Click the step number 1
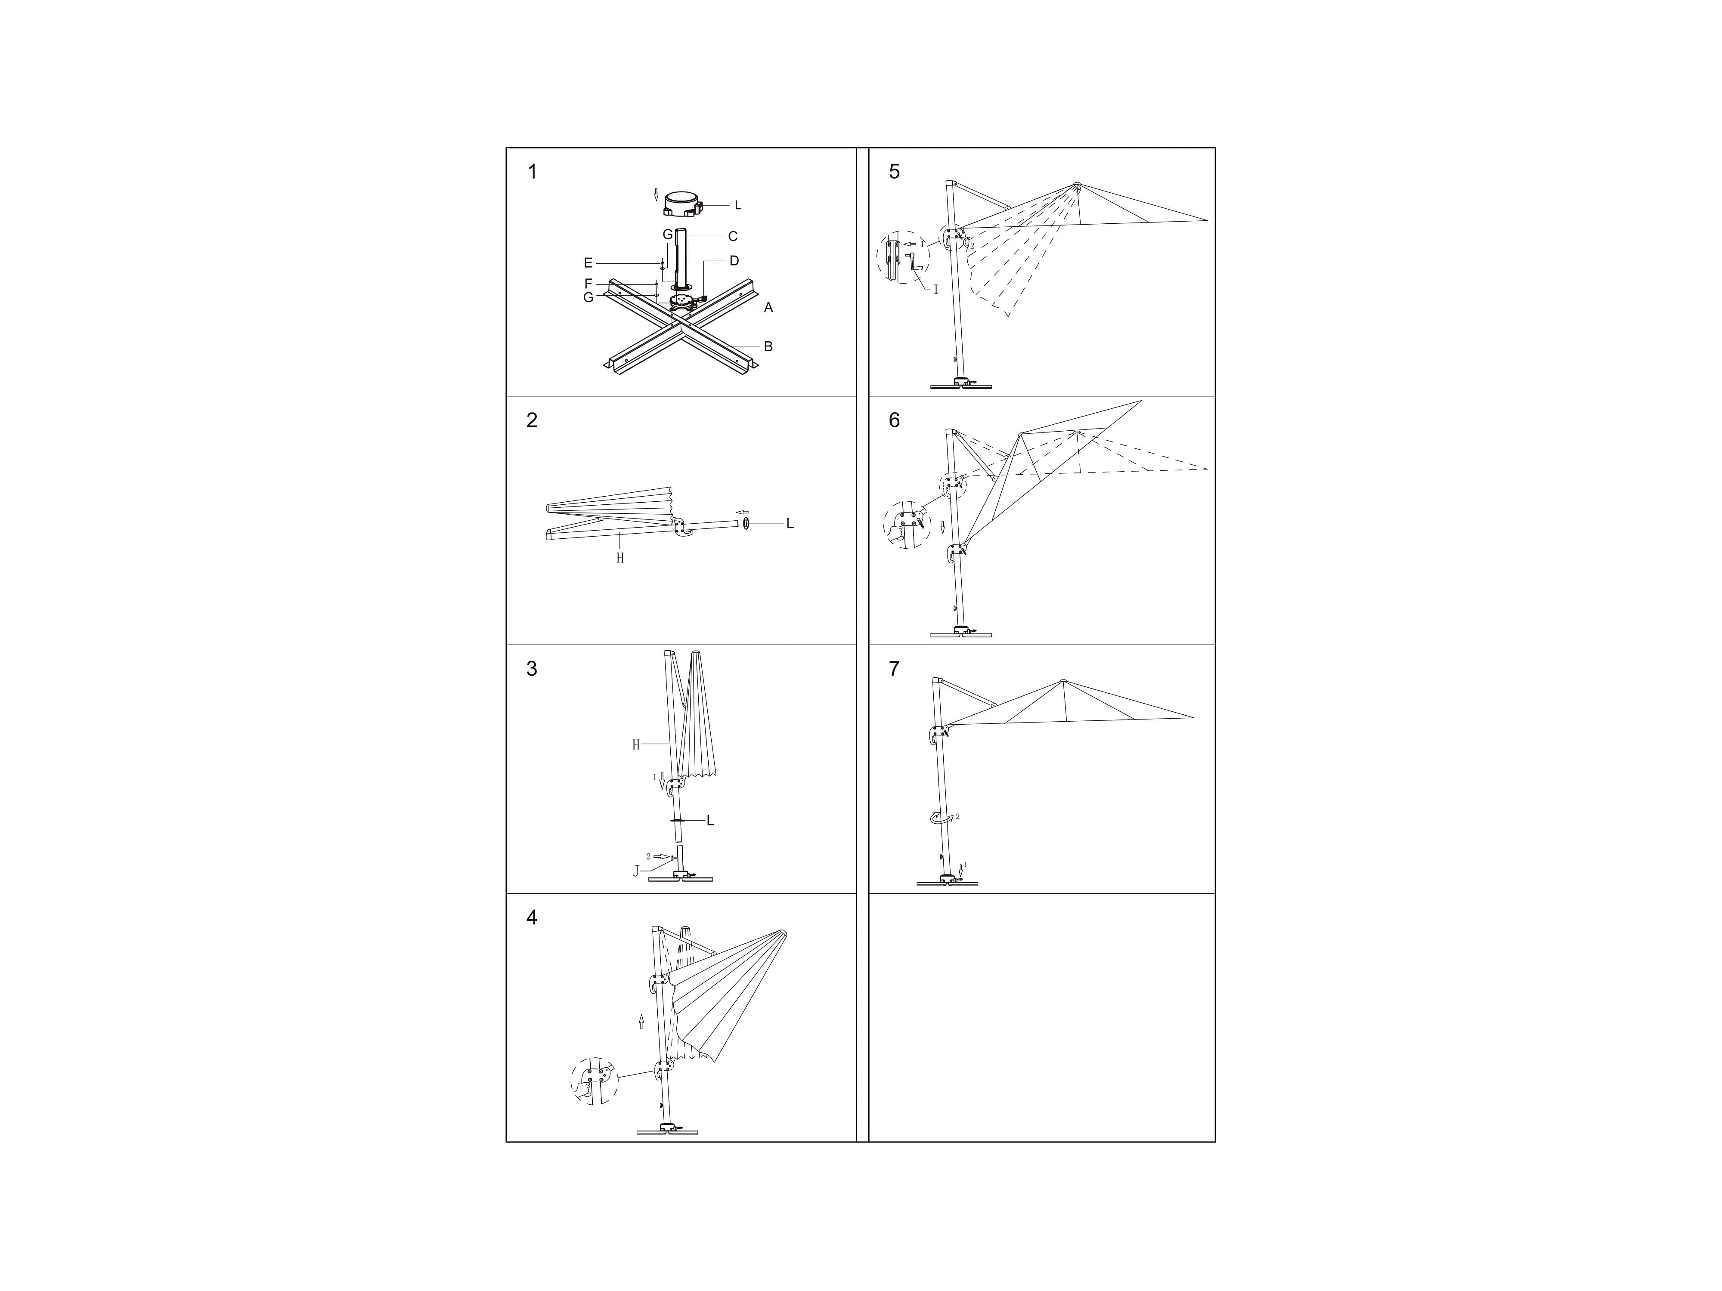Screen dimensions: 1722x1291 [533, 172]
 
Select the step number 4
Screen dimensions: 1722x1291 [532, 918]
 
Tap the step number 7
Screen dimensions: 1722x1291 [894, 669]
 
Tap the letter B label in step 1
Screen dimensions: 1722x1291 [768, 346]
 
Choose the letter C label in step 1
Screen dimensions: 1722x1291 [733, 236]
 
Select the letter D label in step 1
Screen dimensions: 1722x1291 [734, 261]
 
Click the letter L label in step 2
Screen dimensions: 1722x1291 [790, 524]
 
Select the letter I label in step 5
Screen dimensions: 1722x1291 [936, 290]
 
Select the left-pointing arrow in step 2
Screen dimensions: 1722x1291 [743, 512]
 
